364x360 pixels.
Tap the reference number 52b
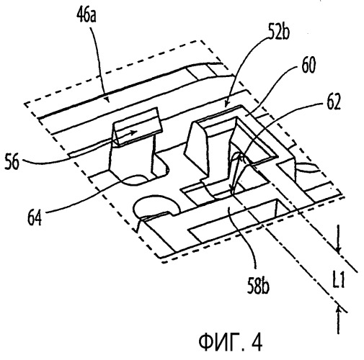tap(279, 33)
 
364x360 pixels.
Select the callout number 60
tap(308, 66)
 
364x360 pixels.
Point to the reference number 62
tap(334, 103)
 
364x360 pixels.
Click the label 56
tap(12, 162)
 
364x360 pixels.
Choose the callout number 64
tap(35, 217)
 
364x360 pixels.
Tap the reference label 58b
tap(258, 287)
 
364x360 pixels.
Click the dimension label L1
tap(339, 280)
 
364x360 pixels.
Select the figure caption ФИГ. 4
tap(231, 342)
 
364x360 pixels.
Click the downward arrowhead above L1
tap(339, 250)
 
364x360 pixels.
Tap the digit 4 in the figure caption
tap(257, 342)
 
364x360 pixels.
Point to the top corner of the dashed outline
tap(200, 40)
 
